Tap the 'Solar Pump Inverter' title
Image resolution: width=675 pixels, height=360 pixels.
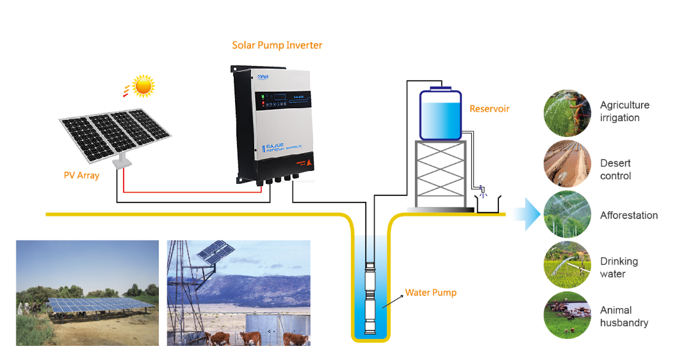[277, 45]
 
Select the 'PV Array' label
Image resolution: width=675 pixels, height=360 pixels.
[81, 175]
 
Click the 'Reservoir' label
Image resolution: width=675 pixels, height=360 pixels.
[489, 109]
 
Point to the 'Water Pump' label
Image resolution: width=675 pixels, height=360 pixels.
[430, 293]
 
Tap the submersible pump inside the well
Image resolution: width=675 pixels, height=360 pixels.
[371, 298]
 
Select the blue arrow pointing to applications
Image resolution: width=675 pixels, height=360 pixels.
[526, 214]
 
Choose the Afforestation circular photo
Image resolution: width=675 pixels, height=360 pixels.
[567, 215]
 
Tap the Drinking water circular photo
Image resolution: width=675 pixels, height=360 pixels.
[567, 264]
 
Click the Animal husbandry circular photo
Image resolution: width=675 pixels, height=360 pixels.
[567, 315]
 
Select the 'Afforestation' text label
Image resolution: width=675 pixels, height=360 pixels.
[629, 215]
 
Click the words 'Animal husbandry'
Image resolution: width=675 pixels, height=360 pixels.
[624, 316]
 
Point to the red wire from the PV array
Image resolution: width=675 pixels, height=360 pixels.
[192, 191]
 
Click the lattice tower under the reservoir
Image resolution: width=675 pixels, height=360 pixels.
[440, 173]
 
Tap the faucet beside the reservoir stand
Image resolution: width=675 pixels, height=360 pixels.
[482, 190]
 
